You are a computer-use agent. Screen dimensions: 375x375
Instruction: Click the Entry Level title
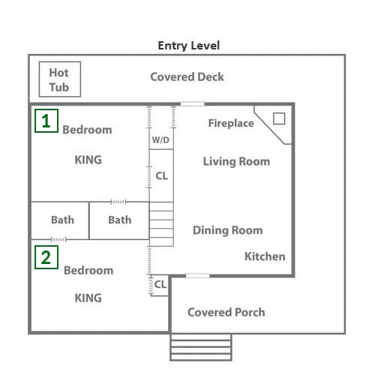(x=189, y=46)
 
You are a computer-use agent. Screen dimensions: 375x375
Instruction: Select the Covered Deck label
(x=187, y=76)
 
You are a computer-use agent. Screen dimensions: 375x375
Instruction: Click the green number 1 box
(x=46, y=121)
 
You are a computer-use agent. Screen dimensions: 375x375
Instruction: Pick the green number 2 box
(x=46, y=257)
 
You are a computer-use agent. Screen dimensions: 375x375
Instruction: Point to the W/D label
(x=160, y=139)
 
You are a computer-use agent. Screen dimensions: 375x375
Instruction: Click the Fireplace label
(x=231, y=123)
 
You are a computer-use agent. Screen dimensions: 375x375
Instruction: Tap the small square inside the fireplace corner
(x=279, y=118)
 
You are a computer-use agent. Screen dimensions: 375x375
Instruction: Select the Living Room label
(x=236, y=161)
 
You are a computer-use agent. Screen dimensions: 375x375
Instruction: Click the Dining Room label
(x=228, y=230)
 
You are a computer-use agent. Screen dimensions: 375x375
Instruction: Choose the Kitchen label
(x=265, y=256)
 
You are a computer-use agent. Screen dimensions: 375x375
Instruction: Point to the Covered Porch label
(x=226, y=312)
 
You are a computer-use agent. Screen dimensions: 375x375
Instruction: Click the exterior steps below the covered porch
(x=201, y=347)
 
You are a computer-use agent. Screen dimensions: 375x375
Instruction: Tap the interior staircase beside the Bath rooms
(x=161, y=224)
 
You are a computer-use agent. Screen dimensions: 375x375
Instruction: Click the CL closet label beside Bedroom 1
(x=161, y=175)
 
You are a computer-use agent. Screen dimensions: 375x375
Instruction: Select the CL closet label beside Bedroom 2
(x=160, y=284)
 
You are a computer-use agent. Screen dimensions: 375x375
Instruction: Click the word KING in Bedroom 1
(x=88, y=160)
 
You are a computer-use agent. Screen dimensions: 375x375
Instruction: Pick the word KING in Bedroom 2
(x=88, y=298)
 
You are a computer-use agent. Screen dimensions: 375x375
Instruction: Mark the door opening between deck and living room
(x=192, y=103)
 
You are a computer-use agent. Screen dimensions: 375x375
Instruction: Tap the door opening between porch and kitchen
(x=198, y=275)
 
